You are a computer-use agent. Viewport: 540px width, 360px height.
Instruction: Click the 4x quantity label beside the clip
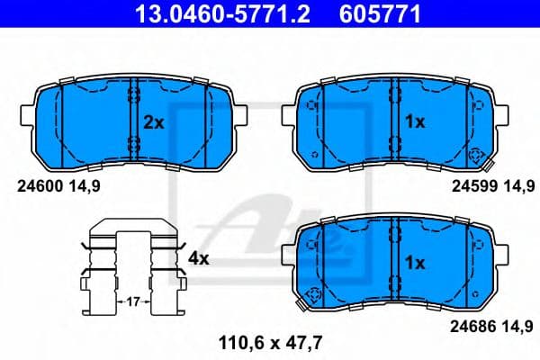click(197, 258)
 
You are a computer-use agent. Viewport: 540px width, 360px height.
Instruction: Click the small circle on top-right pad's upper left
click(313, 106)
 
